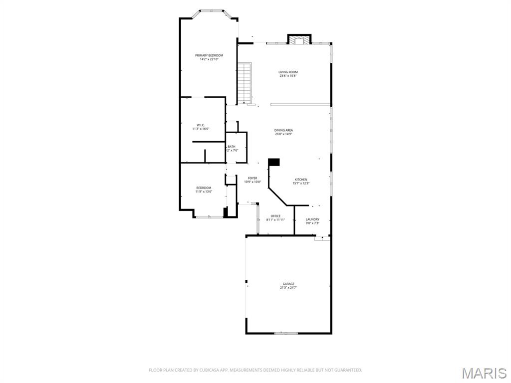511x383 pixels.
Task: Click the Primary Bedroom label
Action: [x=209, y=55]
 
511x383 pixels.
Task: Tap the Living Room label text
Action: [x=288, y=72]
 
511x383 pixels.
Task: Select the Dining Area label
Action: [x=283, y=130]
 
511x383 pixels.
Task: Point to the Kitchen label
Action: [x=301, y=180]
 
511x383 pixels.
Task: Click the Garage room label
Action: [x=288, y=284]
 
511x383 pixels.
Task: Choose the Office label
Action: [x=275, y=216]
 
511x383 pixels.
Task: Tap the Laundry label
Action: [x=312, y=219]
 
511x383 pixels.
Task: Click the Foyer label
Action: [x=253, y=178]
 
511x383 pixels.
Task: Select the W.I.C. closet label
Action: [x=201, y=125]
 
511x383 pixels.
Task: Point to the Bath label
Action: [x=232, y=147]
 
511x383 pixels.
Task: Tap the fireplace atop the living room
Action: [x=299, y=40]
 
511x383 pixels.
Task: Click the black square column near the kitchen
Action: [x=274, y=162]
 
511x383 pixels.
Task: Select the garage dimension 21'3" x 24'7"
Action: [x=288, y=288]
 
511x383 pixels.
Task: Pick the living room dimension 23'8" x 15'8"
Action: [x=288, y=76]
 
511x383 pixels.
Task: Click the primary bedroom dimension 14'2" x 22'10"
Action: [x=209, y=59]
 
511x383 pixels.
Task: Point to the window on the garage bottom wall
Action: [x=285, y=333]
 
